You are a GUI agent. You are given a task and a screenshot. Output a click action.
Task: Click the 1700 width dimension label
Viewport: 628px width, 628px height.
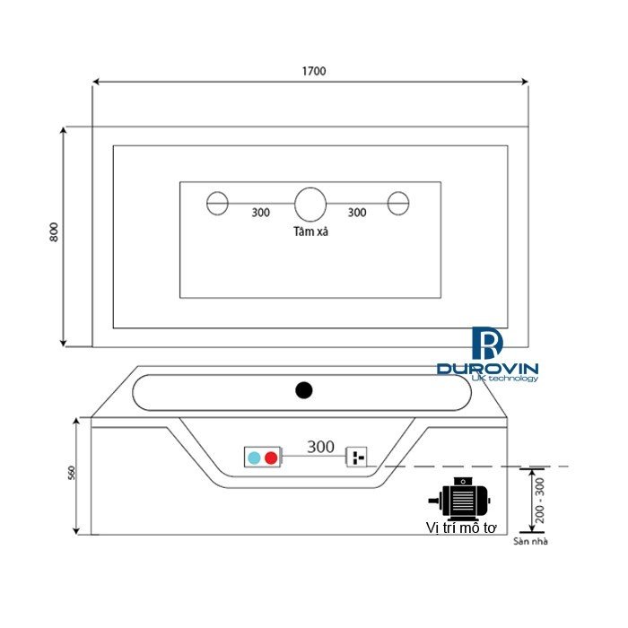click(x=313, y=71)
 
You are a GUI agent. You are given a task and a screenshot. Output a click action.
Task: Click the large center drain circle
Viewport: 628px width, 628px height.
click(x=310, y=204)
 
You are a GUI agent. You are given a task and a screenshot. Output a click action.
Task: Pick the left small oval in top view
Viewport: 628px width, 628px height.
click(x=218, y=204)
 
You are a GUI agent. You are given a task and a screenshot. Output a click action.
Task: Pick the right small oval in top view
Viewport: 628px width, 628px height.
click(x=398, y=204)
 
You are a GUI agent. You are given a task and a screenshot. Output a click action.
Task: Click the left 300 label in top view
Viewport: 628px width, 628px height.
click(x=261, y=214)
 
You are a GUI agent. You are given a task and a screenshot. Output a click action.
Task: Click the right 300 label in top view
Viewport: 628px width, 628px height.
click(x=356, y=214)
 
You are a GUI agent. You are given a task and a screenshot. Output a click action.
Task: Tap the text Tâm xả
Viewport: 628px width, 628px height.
click(x=310, y=231)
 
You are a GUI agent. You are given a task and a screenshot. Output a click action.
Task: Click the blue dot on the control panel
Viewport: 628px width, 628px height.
click(x=254, y=458)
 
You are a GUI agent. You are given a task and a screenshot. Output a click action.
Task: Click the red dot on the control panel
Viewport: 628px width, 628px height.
click(x=271, y=458)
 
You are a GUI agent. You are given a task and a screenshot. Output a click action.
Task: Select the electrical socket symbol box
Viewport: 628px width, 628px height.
click(x=358, y=458)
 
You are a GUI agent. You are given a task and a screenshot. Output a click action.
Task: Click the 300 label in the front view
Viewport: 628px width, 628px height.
click(x=320, y=446)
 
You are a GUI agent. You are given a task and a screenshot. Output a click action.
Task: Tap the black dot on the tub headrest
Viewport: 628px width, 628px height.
click(x=303, y=390)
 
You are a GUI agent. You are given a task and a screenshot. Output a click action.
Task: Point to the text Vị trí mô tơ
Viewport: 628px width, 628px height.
click(x=461, y=528)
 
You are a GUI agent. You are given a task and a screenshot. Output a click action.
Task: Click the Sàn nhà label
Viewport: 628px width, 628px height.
click(x=531, y=541)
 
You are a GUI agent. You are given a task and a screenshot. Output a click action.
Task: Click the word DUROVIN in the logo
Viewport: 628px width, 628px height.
click(x=487, y=368)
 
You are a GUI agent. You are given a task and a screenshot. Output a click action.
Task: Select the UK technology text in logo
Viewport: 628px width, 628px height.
click(x=504, y=379)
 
